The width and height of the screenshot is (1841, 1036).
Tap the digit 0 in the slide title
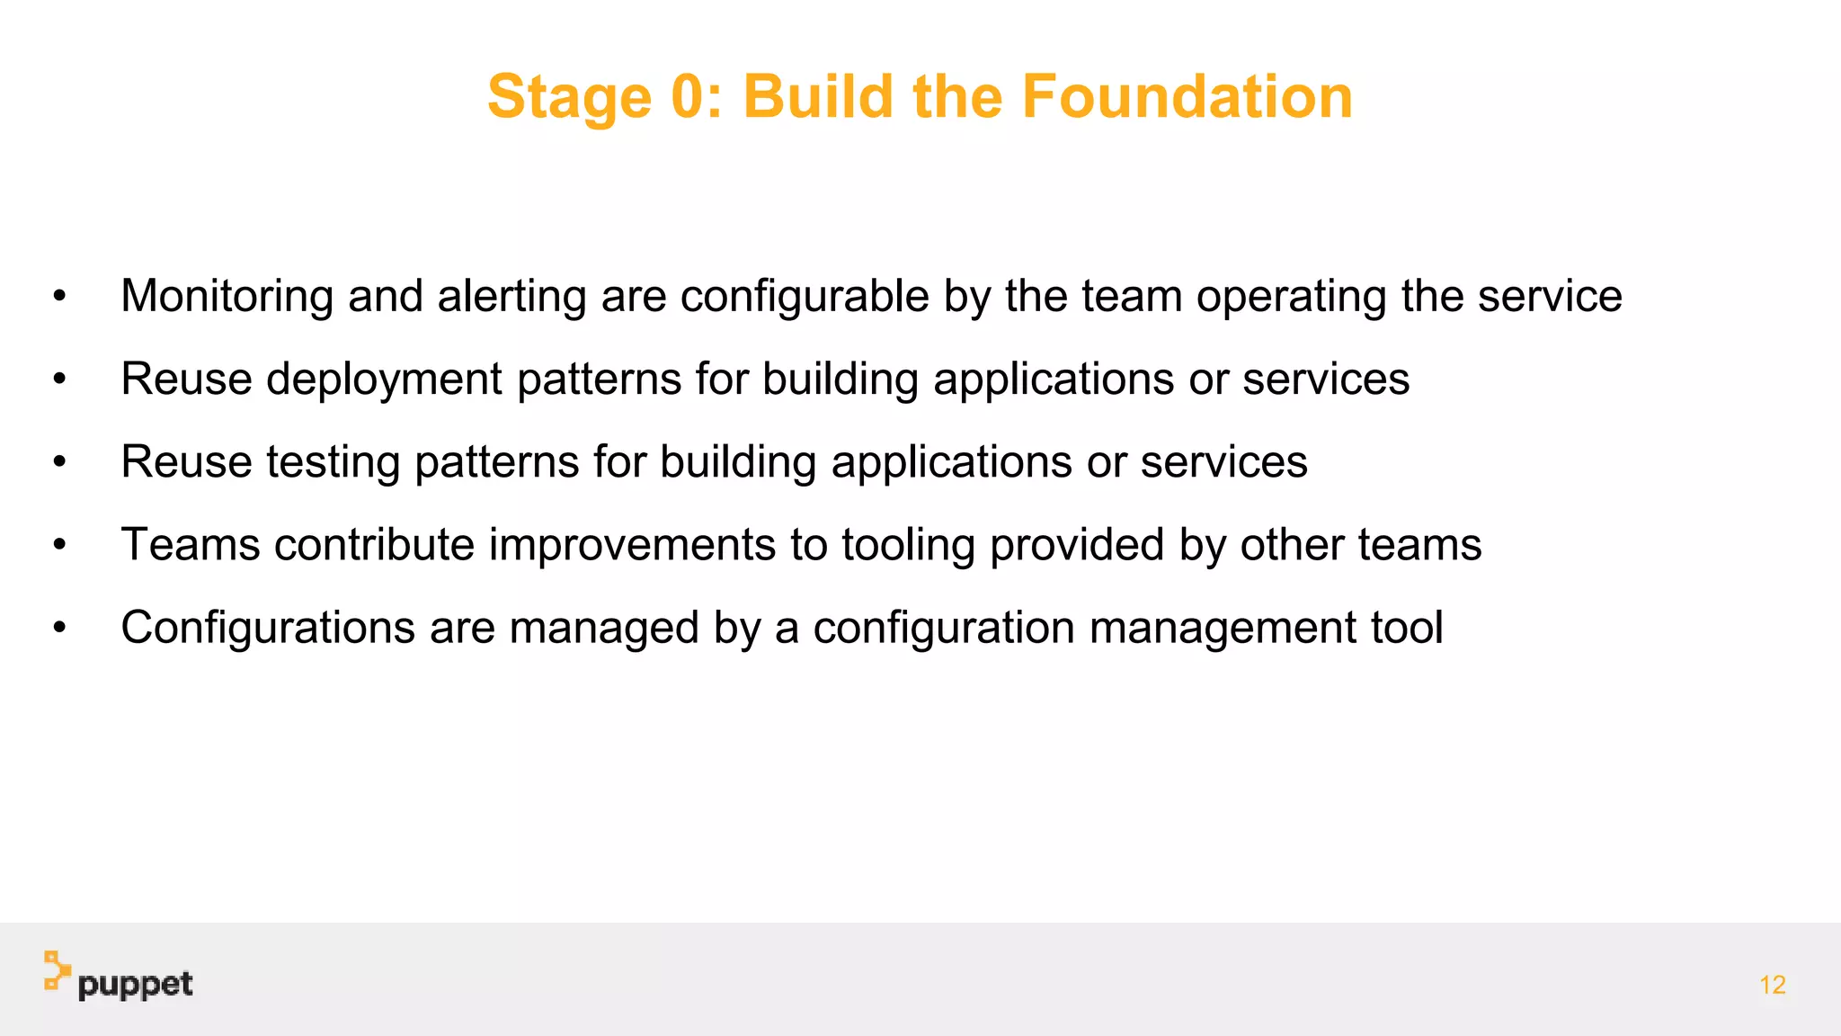[689, 96]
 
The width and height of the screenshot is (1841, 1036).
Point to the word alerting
[511, 297]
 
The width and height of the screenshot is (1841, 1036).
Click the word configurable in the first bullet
[805, 297]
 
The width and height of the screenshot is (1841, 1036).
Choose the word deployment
[384, 380]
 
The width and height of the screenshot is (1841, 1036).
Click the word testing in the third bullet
[333, 462]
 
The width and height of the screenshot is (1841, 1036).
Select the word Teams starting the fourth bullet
[191, 545]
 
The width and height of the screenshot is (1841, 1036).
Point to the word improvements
[632, 545]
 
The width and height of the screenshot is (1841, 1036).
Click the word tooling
[908, 545]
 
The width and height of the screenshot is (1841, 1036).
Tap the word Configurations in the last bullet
[268, 628]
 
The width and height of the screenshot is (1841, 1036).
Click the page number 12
[1772, 985]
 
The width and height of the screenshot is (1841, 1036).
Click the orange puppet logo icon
[57, 971]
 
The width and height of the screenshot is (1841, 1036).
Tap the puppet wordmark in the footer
[135, 985]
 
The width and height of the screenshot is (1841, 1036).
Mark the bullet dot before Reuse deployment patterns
[59, 380]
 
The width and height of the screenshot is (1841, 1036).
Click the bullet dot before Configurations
[59, 628]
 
